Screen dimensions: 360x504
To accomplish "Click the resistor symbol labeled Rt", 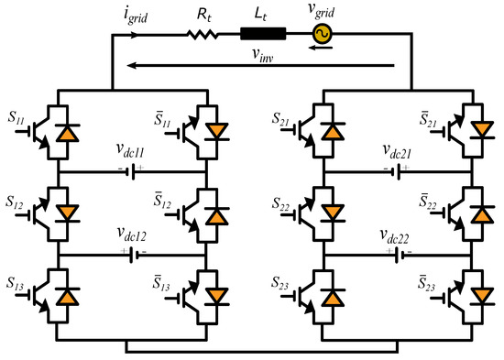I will [201, 36].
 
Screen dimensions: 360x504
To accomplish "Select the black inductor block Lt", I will [263, 36].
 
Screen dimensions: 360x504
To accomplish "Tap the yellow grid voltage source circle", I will [323, 36].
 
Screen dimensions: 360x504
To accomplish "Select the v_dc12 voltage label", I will [131, 233].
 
